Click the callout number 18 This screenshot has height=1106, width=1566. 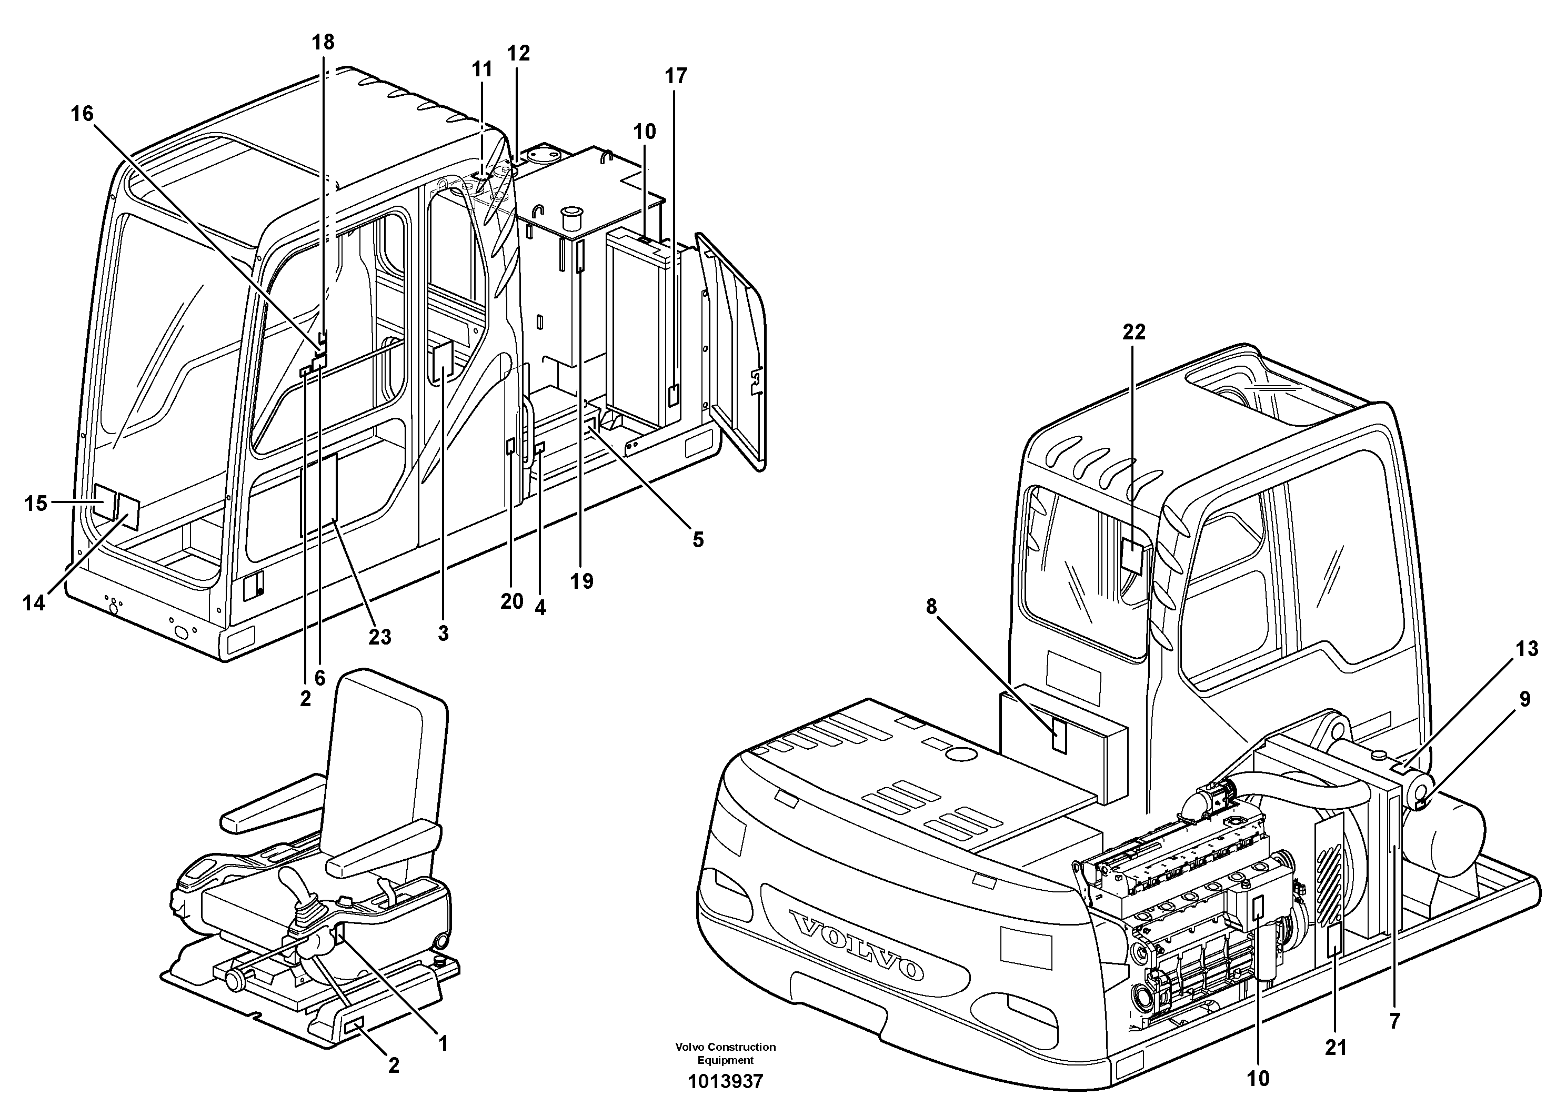pyautogui.click(x=323, y=42)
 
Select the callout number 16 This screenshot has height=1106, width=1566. pyautogui.click(x=82, y=114)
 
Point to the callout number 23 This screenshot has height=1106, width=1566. pyautogui.click(x=380, y=636)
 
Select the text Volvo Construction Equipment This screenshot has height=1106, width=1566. pyautogui.click(x=725, y=1053)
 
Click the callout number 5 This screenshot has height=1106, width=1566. pyautogui.click(x=698, y=540)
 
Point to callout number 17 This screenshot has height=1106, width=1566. pyautogui.click(x=676, y=76)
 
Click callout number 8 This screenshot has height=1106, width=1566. pyautogui.click(x=932, y=606)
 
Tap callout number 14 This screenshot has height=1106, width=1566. pyautogui.click(x=34, y=603)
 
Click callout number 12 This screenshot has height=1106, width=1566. pyautogui.click(x=518, y=53)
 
